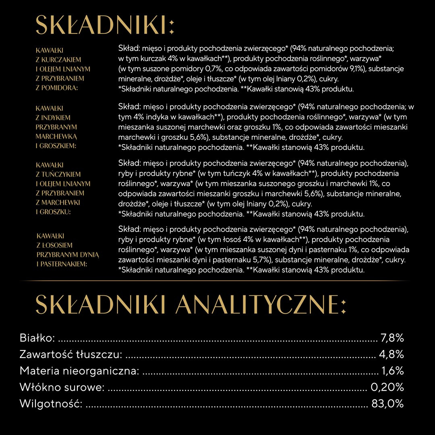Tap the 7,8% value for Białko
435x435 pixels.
pos(392,338)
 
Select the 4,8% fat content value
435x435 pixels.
pos(391,354)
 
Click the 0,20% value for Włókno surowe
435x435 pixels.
pos(387,387)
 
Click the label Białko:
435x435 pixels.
pos(37,338)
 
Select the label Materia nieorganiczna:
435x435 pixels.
pos(79,371)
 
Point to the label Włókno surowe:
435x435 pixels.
pos(62,387)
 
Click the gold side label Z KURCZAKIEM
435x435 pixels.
pos(58,60)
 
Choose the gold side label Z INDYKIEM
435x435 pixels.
pos(53,118)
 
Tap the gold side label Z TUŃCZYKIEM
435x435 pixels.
pos(58,174)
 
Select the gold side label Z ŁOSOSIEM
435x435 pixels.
pos(55,245)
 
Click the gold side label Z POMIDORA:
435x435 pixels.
pos(56,88)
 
